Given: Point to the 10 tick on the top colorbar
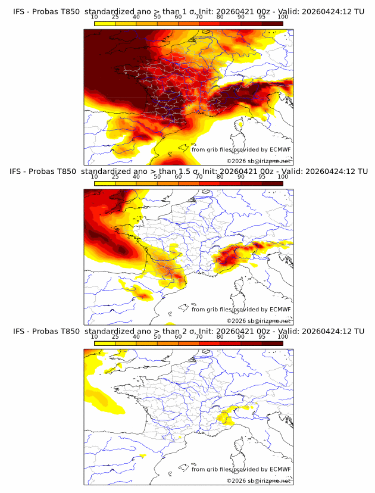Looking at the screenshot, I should point(95,17).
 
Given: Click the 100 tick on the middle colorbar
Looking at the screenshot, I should point(283,177).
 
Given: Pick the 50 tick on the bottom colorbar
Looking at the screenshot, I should point(157,337).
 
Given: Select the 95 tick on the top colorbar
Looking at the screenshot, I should point(262,17).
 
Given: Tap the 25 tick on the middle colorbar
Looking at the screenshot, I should point(115,177).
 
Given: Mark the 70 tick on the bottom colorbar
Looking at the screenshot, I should point(199,337).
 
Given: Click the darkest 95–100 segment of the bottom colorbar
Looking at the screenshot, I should point(272,344).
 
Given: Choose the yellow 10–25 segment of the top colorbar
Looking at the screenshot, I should point(105,24).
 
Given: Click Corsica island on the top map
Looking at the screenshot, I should point(241,126).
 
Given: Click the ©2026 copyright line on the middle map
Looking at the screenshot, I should point(258,320).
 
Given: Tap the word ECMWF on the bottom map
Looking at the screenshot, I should point(280,469).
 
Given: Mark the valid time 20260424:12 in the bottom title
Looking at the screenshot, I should point(331,331).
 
